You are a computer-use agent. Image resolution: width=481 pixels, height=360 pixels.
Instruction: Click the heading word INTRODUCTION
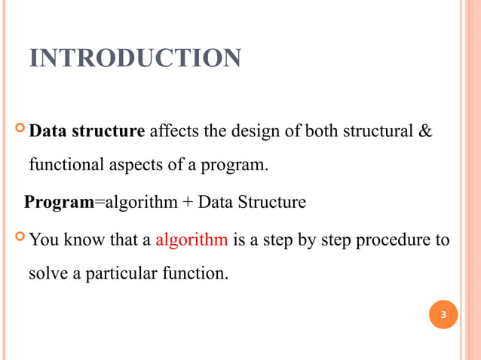coord(135,58)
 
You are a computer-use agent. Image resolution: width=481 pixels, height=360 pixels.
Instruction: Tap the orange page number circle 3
coord(443,314)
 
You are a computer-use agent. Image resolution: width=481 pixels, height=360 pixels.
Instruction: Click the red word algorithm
coord(191,240)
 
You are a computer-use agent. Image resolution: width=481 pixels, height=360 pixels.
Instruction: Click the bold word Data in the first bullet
coord(49,132)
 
